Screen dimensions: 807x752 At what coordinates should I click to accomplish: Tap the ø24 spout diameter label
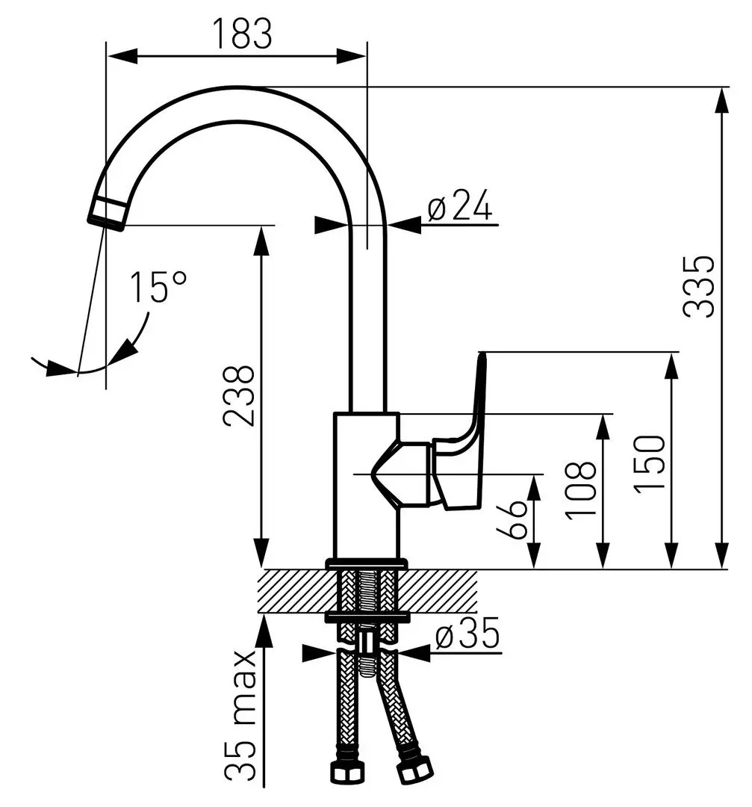(x=460, y=205)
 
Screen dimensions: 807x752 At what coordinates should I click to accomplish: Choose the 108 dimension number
(x=581, y=490)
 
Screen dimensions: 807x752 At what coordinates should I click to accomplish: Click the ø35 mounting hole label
(x=466, y=636)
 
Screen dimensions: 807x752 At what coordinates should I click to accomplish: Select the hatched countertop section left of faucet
(x=295, y=590)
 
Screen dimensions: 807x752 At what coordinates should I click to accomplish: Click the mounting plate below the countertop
(x=367, y=617)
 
